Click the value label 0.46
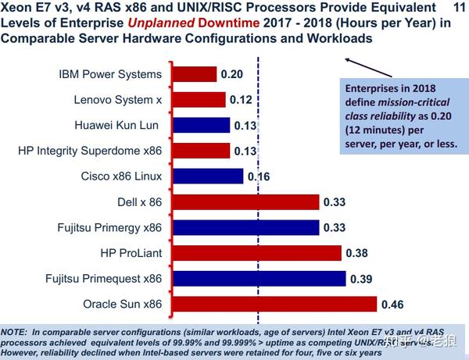[394, 304]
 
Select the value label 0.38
[357, 253]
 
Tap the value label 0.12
[241, 100]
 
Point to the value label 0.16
[259, 176]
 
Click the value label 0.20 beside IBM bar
[232, 75]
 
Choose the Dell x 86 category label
[140, 201]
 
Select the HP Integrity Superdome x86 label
[89, 151]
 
